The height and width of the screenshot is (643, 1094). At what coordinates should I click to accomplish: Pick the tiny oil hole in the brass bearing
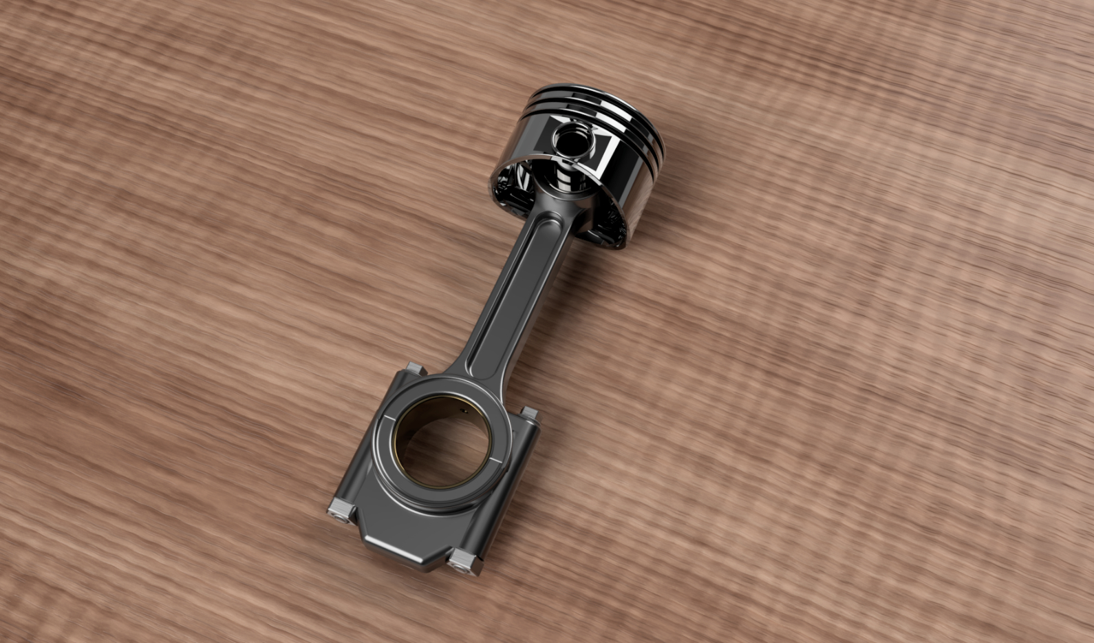[464, 411]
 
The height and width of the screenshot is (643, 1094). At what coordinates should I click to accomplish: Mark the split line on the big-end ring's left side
[389, 417]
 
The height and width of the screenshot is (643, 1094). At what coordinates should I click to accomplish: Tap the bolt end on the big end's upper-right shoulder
[530, 413]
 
